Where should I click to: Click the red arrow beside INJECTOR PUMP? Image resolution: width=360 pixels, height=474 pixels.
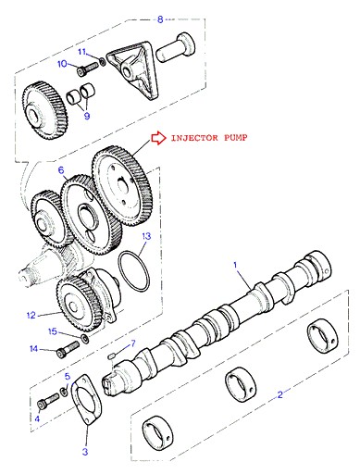click(158, 138)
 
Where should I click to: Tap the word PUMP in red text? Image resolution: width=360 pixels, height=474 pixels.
click(236, 138)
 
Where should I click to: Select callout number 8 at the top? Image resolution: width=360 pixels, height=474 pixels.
click(160, 19)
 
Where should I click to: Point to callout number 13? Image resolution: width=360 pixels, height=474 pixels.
click(146, 236)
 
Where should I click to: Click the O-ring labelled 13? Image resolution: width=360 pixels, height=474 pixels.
click(134, 271)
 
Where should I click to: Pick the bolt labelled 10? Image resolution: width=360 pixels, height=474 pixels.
click(87, 69)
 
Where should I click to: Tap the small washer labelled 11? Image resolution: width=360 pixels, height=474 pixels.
click(103, 61)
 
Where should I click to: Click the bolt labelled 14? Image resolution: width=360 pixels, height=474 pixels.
click(68, 349)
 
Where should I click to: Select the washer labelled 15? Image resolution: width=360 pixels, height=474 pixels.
click(84, 338)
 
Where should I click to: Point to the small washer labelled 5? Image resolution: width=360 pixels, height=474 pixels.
click(64, 392)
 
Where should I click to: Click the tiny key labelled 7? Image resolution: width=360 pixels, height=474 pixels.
click(112, 355)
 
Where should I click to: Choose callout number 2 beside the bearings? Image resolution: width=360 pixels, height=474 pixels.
click(279, 394)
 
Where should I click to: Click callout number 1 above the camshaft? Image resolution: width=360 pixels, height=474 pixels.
click(235, 265)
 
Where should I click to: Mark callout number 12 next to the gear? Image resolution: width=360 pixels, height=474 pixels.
click(31, 315)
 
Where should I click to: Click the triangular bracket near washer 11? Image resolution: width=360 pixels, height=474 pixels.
click(133, 70)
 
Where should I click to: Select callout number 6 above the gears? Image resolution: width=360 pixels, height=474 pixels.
click(61, 170)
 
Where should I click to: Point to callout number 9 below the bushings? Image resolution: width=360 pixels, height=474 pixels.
click(87, 116)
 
